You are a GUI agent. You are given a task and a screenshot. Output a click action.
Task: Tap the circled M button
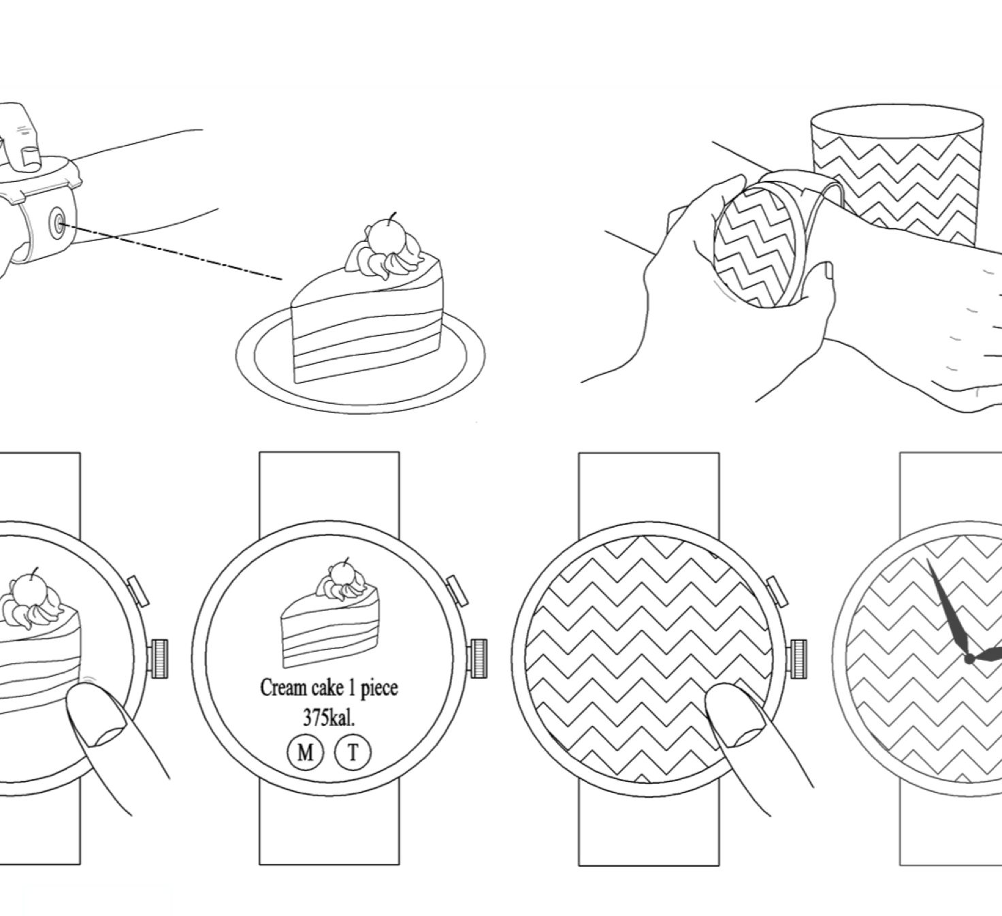point(305,752)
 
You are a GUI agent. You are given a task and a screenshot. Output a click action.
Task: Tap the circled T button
point(353,752)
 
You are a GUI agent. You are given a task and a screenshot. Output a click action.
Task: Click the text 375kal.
point(329,718)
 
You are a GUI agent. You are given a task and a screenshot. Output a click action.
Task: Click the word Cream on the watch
point(283,688)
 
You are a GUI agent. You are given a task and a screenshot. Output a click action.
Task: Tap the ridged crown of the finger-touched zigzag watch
point(798,659)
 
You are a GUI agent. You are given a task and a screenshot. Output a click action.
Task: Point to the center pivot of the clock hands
point(969,660)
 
